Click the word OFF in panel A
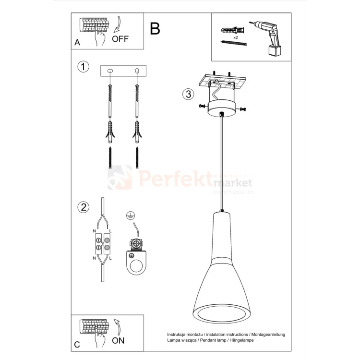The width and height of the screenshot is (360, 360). point(120,39)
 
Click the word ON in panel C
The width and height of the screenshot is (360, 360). point(118,340)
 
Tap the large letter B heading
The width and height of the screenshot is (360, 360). point(155,29)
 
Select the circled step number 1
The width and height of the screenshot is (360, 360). point(84,67)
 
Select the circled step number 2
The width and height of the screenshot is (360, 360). point(84,207)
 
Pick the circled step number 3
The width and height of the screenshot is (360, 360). point(188,94)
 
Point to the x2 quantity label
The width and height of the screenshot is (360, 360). point(236,37)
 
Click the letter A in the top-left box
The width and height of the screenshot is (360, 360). point(77,43)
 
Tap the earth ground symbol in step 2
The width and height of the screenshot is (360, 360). point(130,216)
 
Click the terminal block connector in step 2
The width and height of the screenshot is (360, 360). point(101,243)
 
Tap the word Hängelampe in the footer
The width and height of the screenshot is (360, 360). point(241,340)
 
